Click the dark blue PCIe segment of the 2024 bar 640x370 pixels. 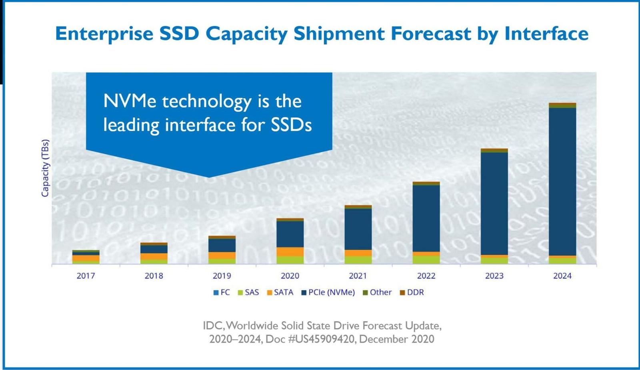coord(562,182)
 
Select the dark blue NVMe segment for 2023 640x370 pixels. coord(494,203)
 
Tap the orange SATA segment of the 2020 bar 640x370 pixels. coord(290,252)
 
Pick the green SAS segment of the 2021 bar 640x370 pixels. coord(358,260)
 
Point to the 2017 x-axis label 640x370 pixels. coord(86,276)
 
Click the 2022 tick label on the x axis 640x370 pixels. coord(426,276)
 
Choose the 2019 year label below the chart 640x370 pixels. coord(222,276)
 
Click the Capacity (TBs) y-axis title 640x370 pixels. coord(45,168)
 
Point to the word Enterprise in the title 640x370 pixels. coord(104,34)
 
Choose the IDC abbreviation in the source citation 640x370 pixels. coord(212,326)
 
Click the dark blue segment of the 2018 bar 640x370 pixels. coord(154,249)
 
